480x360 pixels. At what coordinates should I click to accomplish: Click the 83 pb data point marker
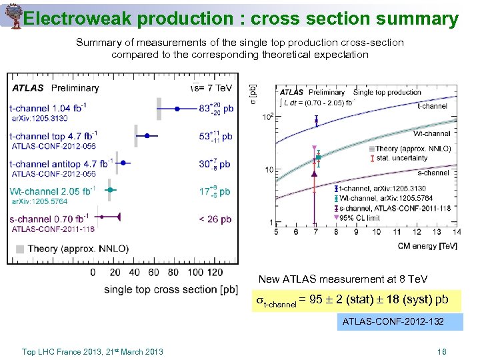pyautogui.click(x=177, y=108)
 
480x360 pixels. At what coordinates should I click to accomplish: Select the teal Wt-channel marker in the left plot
pyautogui.click(x=111, y=190)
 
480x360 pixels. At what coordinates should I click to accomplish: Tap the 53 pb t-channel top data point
pyautogui.click(x=147, y=136)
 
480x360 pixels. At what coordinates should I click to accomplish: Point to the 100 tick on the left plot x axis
pyautogui.click(x=196, y=272)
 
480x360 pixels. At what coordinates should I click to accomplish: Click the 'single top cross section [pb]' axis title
pyautogui.click(x=171, y=289)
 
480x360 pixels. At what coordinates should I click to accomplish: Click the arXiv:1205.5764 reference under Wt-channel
pyautogui.click(x=39, y=201)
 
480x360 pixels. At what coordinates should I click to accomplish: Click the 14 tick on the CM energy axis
pyautogui.click(x=456, y=232)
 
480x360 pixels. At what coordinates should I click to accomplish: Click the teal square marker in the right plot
pyautogui.click(x=318, y=157)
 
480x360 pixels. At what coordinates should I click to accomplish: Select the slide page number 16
pyautogui.click(x=441, y=351)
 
